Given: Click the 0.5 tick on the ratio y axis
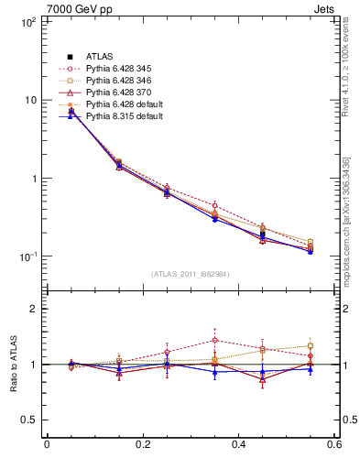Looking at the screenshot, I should point(26,420).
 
